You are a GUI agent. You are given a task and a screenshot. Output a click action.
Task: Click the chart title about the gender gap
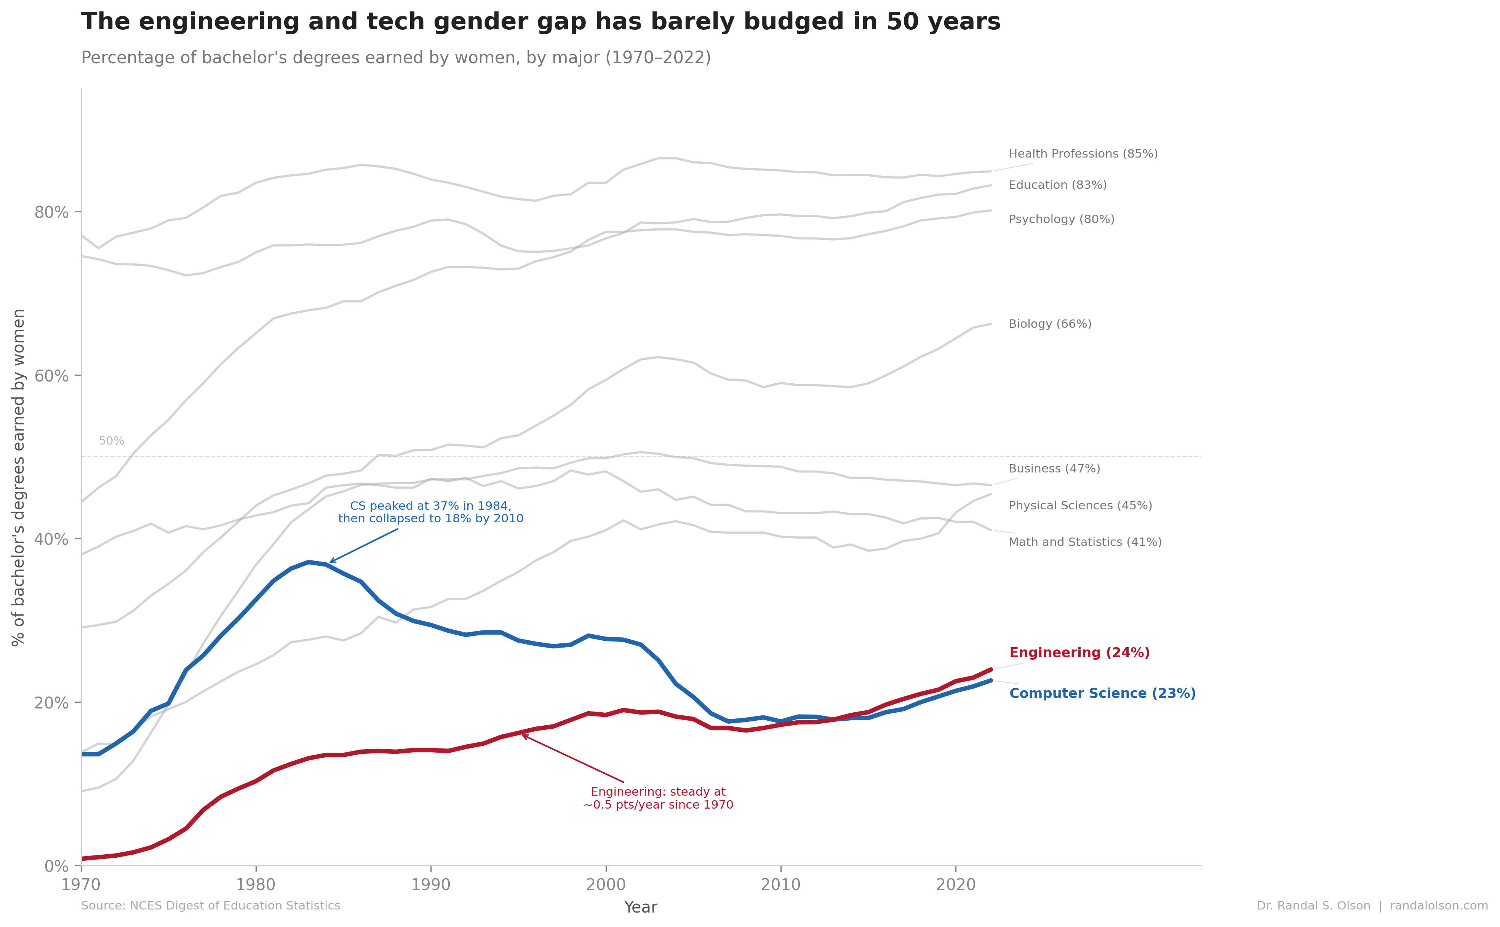540,22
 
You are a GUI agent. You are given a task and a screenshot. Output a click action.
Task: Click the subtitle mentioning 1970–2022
395,57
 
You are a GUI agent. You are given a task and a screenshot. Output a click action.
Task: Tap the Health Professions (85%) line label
1083,154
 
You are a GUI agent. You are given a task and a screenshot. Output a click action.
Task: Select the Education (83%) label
1057,185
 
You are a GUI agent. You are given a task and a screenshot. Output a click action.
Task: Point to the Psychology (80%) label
1061,220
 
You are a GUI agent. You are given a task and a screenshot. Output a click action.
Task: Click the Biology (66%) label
1049,324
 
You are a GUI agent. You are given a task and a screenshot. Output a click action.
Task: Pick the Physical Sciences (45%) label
1080,506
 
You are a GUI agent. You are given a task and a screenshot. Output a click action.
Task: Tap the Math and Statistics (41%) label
1084,542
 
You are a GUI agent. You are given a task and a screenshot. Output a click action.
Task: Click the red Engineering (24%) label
1079,653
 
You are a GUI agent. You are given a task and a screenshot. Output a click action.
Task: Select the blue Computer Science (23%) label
1102,693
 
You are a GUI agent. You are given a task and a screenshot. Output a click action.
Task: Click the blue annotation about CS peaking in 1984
430,512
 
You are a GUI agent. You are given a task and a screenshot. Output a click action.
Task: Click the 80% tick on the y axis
51,212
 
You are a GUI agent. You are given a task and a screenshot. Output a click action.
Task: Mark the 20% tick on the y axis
51,703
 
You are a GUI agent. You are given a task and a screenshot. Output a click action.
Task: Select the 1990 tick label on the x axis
430,885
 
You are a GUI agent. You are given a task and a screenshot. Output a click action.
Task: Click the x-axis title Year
640,907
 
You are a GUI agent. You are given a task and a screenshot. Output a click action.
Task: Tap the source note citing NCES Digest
210,906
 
